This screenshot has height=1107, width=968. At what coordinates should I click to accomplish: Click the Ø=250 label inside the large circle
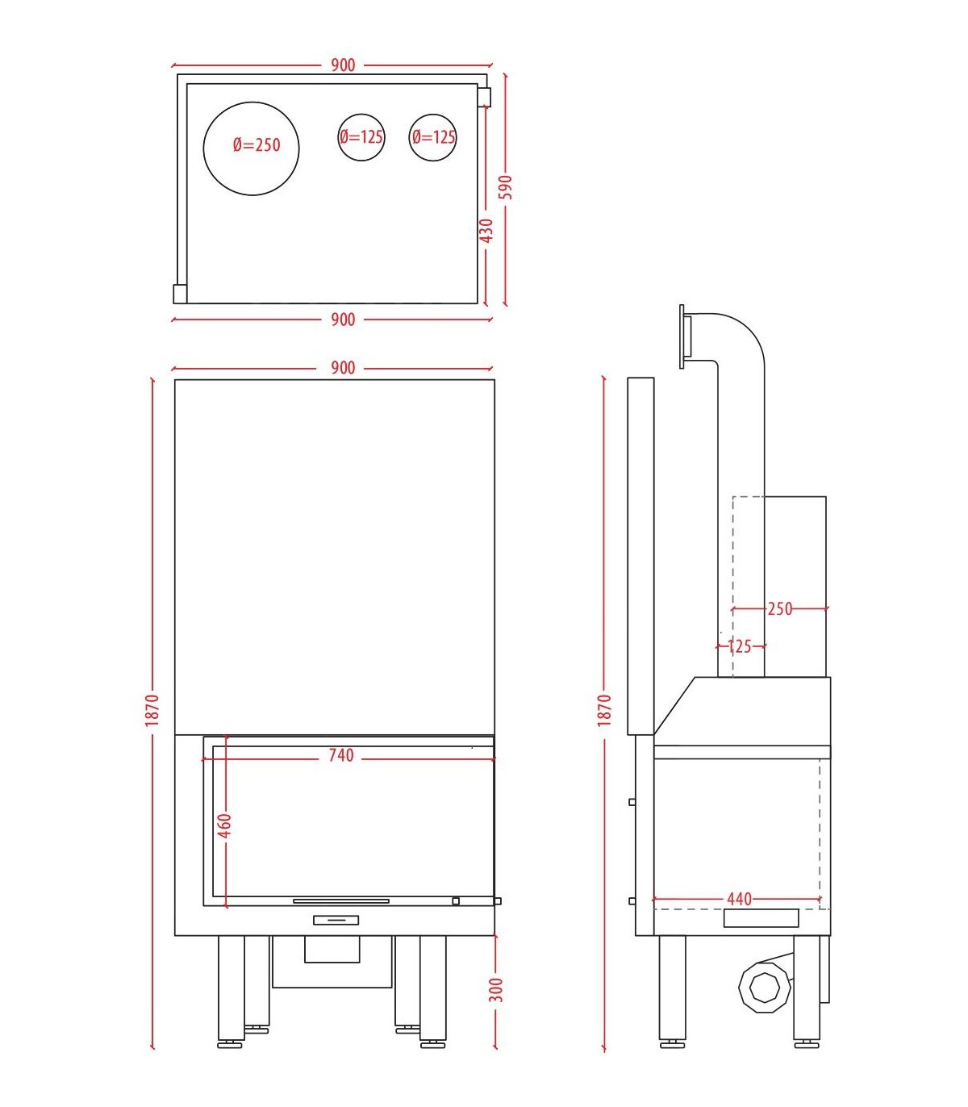point(257,145)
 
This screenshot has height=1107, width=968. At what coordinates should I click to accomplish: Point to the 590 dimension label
point(507,186)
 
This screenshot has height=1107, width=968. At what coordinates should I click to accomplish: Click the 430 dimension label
point(486,231)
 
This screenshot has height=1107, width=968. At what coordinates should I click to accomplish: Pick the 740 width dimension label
point(341,755)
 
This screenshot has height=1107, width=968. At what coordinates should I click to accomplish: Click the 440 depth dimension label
point(739,899)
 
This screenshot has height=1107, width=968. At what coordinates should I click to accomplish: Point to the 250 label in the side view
point(780,608)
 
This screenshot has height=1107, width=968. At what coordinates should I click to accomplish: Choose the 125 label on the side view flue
point(740,646)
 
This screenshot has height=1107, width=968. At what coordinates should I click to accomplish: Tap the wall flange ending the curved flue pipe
point(685,336)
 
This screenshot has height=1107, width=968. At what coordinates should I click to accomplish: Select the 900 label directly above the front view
point(343,368)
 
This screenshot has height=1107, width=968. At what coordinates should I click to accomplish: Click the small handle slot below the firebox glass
point(336,920)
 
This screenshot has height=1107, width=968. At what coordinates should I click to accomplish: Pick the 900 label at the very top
point(343,65)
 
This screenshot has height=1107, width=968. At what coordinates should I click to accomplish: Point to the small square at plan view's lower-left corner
point(180,294)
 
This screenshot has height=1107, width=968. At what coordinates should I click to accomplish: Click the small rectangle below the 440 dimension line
point(761,918)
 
